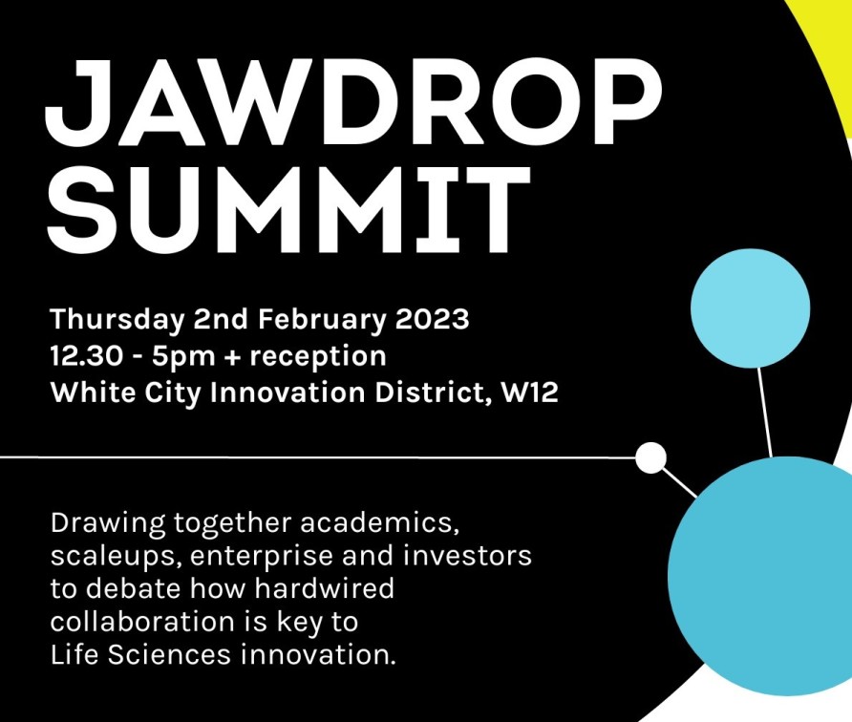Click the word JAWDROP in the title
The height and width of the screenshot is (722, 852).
[x=353, y=102]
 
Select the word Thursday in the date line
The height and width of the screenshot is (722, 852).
[x=117, y=319]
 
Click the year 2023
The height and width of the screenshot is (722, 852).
[x=432, y=318]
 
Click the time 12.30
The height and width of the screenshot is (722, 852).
[x=86, y=356]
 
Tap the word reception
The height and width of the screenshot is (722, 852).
[x=318, y=357]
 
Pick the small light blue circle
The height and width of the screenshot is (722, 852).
[x=751, y=308]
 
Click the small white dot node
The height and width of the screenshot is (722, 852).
[x=651, y=457]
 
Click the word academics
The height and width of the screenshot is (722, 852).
[x=376, y=522]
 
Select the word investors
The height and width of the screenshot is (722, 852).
[x=467, y=556]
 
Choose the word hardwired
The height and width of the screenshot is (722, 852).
[x=324, y=588]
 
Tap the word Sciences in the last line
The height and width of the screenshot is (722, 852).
[x=169, y=654]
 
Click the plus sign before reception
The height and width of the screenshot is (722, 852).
[x=232, y=357]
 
